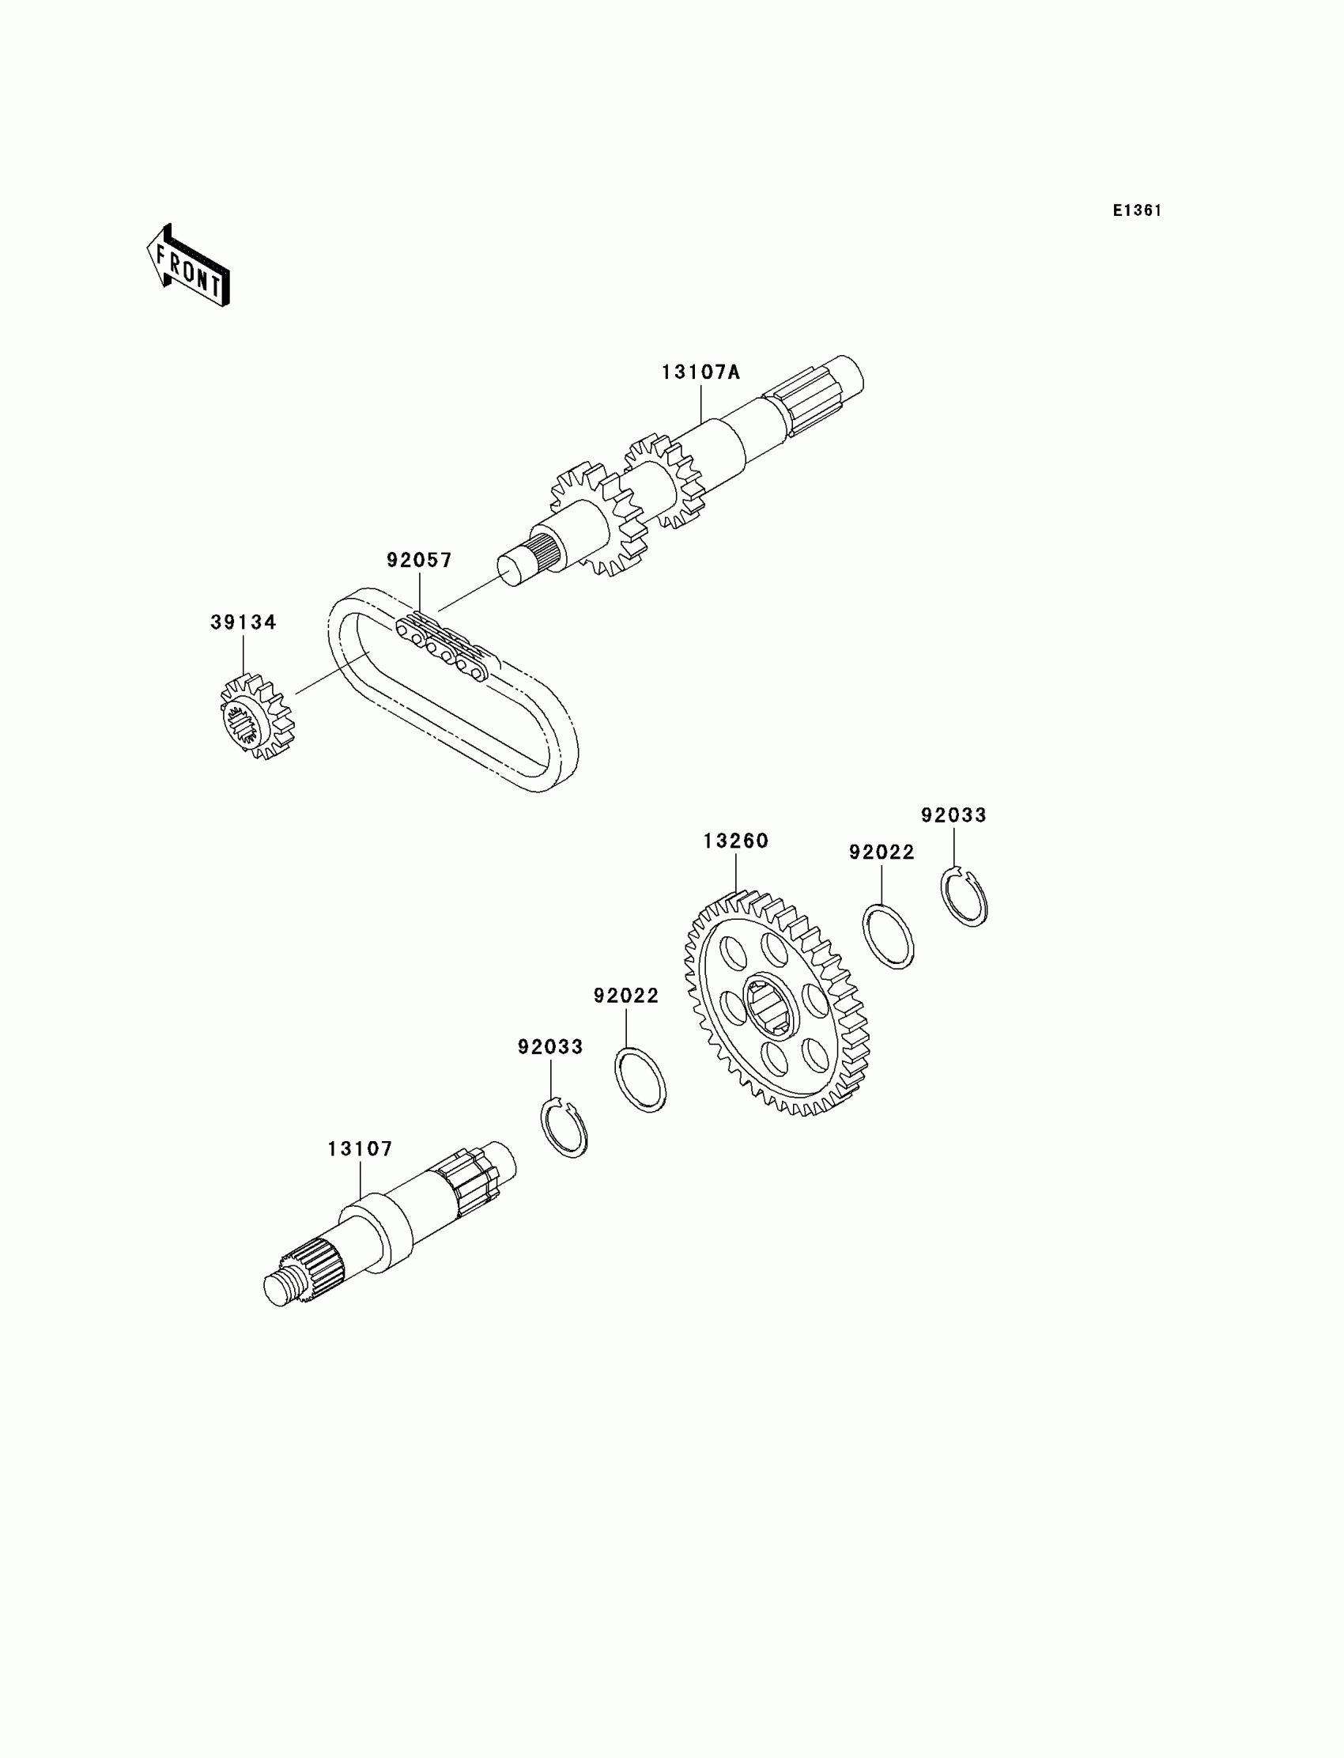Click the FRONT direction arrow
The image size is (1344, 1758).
coord(188,267)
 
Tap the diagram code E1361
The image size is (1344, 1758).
coord(1137,210)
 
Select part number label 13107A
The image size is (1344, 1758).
coord(700,372)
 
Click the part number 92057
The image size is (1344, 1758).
coord(419,560)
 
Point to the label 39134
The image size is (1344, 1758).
coord(244,622)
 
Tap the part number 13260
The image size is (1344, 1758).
coord(735,841)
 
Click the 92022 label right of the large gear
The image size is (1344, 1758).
coord(882,853)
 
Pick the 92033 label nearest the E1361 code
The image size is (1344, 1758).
coord(953,815)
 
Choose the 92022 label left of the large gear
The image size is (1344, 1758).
coord(625,996)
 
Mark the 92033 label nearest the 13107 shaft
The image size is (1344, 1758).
coord(549,1046)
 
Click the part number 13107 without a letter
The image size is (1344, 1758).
coord(360,1149)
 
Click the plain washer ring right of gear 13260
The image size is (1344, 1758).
coord(888,936)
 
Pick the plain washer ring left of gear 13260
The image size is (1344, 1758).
coord(640,1079)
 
